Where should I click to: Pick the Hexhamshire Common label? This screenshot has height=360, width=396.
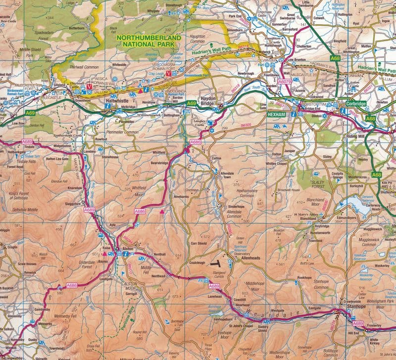[x=240, y=192]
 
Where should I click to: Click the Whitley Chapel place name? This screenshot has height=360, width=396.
[x=276, y=164]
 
